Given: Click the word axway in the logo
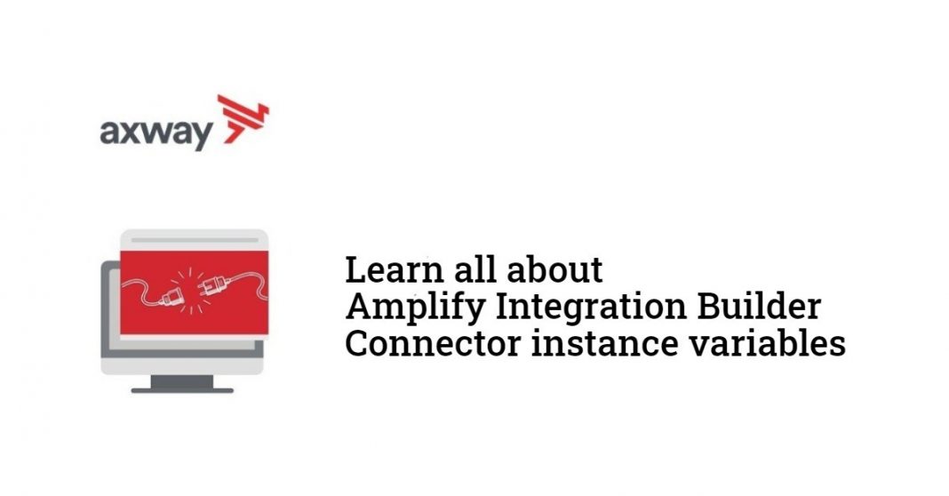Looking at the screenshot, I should tap(156, 133).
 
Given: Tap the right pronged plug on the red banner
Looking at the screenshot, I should tap(211, 286).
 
